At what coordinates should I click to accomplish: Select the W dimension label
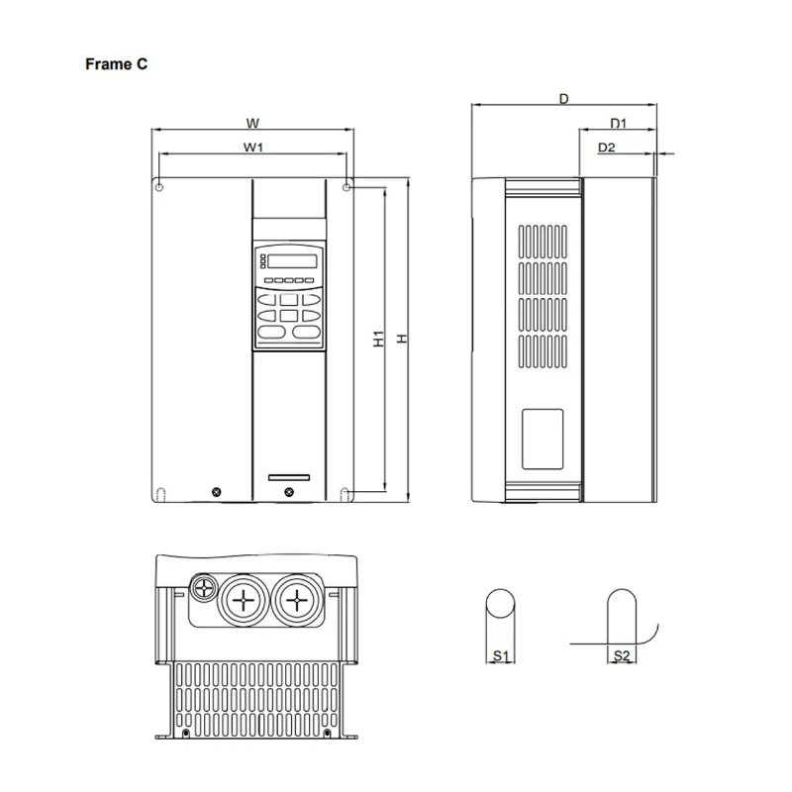[252, 124]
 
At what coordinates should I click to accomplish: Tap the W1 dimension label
[253, 148]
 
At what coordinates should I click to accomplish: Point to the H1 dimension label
[378, 339]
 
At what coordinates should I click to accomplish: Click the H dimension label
[402, 339]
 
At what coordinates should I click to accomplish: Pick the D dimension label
[563, 98]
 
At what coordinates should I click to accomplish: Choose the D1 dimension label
[619, 124]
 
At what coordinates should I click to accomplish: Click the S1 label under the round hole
[500, 655]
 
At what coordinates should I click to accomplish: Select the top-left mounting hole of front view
[159, 185]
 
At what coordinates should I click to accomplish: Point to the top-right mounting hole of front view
[346, 185]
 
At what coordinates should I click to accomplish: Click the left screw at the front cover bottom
[217, 491]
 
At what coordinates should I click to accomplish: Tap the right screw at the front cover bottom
[288, 491]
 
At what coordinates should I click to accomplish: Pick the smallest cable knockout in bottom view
[205, 587]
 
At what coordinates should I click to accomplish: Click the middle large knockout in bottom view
[241, 599]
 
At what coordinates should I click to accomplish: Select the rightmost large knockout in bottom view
[294, 599]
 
